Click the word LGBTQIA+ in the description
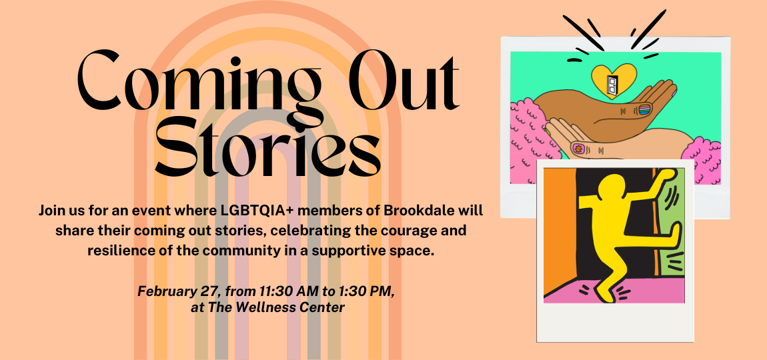click(258, 211)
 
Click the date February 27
click(177, 291)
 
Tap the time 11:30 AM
click(283, 291)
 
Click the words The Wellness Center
click(276, 308)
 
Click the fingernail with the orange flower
click(577, 147)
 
